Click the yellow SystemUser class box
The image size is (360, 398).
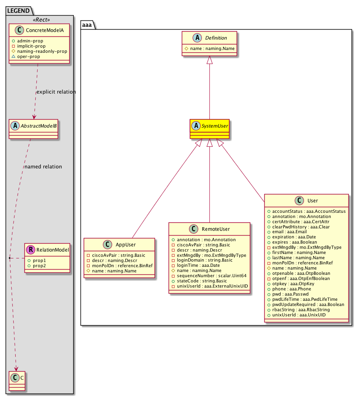tap(209, 129)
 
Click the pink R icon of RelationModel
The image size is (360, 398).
tap(30, 250)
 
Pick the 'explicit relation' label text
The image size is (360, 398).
tap(56, 92)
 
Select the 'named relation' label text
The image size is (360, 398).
tap(43, 166)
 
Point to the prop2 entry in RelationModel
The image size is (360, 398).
tap(40, 266)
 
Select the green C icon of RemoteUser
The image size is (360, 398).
tap(193, 229)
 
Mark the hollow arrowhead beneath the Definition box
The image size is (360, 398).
tap(209, 60)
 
